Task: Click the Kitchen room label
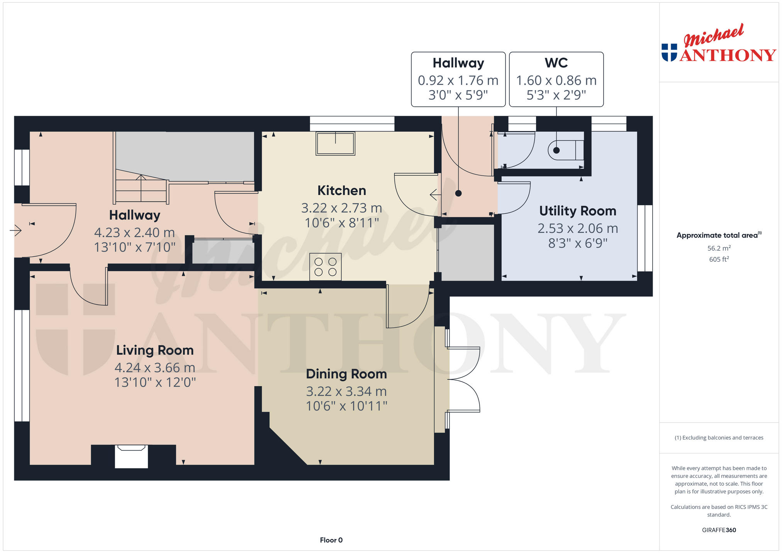coord(341,191)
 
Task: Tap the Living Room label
coord(155,350)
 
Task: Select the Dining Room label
coord(346,374)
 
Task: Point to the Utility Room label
coord(578,211)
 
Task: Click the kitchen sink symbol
coord(335,143)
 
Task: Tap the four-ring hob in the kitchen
coord(326,267)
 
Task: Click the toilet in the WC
coord(566,150)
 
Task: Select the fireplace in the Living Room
coord(131,456)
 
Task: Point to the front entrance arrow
coord(15,230)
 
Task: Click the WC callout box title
coord(556,63)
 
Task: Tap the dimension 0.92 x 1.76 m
coord(458,80)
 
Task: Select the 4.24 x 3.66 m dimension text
coord(155,367)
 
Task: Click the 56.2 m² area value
coord(719,248)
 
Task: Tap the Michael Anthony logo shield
coord(669,52)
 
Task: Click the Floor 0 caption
coord(331,540)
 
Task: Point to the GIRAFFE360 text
coord(719,530)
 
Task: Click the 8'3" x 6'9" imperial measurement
coord(578,243)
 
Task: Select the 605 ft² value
coord(719,259)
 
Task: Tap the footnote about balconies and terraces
coord(719,438)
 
